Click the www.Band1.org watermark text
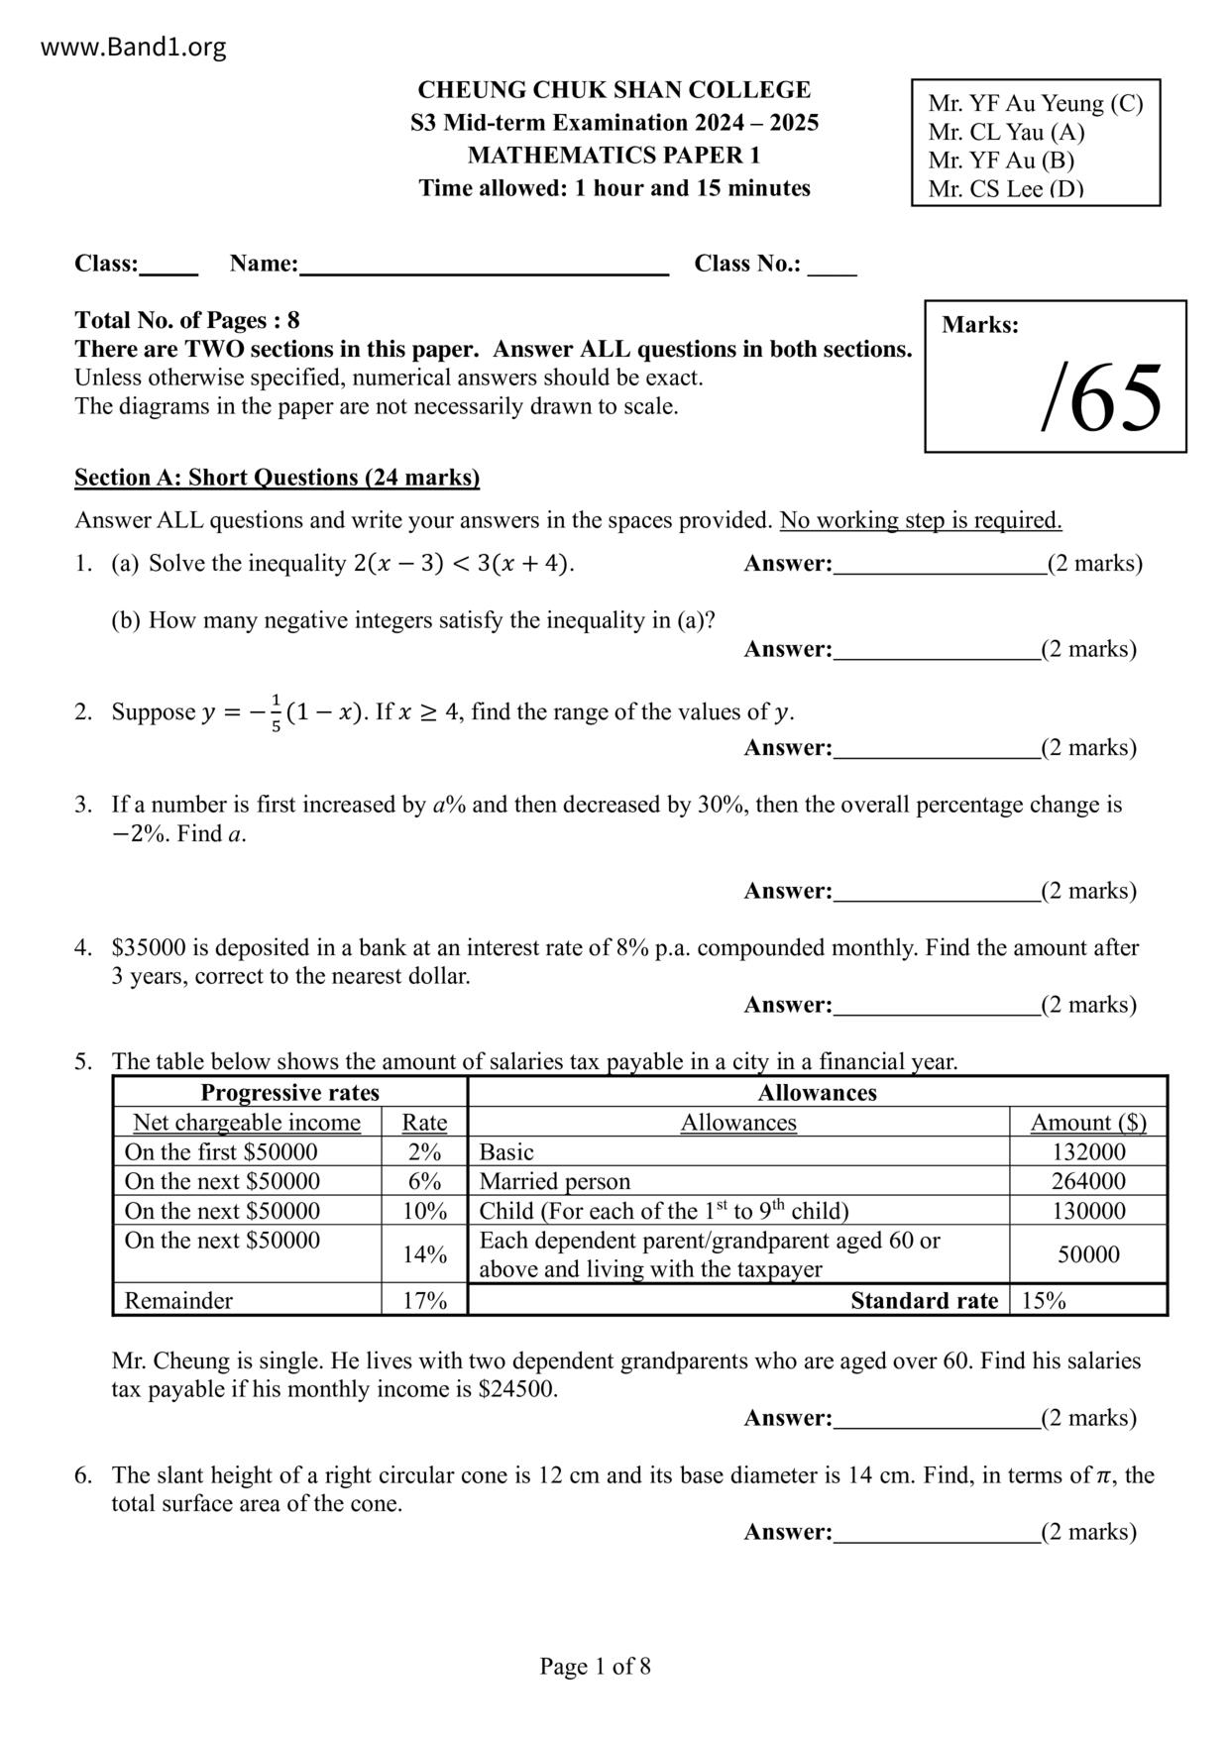134,48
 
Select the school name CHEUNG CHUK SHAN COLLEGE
614,90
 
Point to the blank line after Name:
484,266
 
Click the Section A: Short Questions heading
277,478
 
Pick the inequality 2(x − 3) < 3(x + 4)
463,564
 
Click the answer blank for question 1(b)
937,651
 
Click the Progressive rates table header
289,1093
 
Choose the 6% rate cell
424,1181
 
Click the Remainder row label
178,1300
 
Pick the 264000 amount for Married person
1088,1181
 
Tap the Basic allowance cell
506,1152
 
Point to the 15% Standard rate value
1044,1300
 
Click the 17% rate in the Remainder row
424,1300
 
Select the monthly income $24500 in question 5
516,1389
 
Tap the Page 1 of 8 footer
595,1666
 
